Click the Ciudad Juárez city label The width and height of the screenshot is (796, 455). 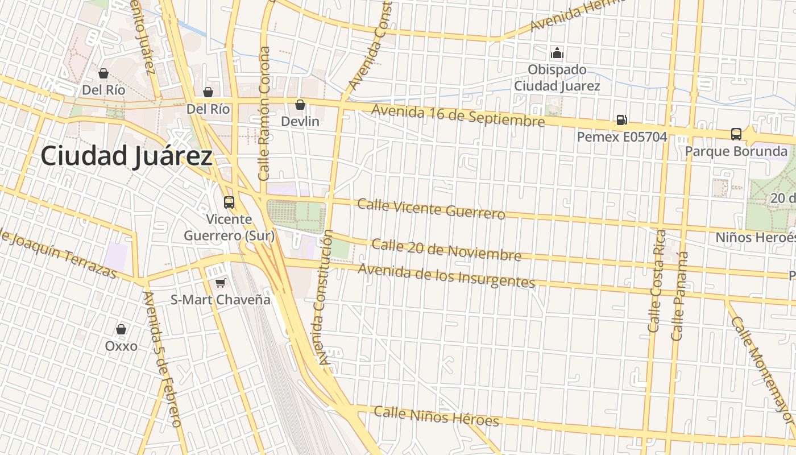[x=126, y=156]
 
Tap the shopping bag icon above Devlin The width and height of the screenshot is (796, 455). [x=300, y=105]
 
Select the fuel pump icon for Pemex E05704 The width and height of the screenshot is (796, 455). [x=622, y=120]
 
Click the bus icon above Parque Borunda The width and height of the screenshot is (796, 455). [x=736, y=134]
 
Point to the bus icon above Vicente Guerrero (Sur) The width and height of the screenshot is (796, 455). [x=229, y=202]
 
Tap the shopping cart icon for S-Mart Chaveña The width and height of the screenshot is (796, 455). [x=220, y=283]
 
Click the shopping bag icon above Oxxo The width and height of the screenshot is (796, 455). [x=121, y=329]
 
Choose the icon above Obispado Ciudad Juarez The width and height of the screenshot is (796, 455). [x=557, y=53]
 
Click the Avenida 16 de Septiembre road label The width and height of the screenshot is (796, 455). [x=458, y=117]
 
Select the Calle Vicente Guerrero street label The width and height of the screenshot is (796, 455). [x=431, y=208]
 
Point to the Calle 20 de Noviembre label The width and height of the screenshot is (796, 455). [x=446, y=250]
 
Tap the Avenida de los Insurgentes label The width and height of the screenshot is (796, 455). [x=446, y=275]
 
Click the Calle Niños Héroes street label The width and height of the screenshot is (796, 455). [x=436, y=416]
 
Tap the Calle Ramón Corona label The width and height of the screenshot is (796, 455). [x=264, y=114]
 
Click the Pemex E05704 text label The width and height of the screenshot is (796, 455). [x=621, y=137]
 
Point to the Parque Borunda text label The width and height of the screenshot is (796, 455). [x=736, y=151]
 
